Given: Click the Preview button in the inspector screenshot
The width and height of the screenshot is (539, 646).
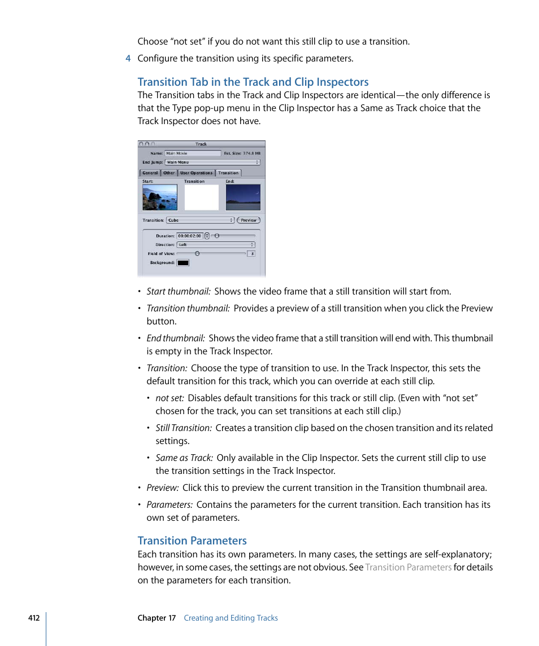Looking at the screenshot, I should tap(249, 220).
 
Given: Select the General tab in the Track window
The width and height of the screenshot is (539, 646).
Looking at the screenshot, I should tap(150, 173).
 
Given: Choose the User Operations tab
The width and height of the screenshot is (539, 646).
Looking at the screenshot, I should tap(197, 173).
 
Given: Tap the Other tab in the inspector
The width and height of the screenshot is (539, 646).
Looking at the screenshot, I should tap(169, 173).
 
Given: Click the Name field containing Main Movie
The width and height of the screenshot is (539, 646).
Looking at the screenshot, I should tap(192, 153).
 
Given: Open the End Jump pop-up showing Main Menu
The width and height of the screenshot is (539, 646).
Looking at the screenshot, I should tap(212, 162).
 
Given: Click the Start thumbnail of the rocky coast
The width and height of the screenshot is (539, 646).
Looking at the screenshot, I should tap(160, 197).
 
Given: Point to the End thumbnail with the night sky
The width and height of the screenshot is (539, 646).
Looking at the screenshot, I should tap(243, 197).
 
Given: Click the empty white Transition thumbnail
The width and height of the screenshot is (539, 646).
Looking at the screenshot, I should tap(202, 197).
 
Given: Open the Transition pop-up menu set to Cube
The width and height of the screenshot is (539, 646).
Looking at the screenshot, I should tap(200, 220).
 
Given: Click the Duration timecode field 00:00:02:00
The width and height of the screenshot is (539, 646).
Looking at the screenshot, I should tap(190, 236).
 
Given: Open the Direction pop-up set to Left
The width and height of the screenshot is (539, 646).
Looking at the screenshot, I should tap(216, 245).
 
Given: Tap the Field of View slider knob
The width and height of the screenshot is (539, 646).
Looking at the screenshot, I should tap(197, 253).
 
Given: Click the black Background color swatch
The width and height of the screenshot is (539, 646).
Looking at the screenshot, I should tap(183, 262).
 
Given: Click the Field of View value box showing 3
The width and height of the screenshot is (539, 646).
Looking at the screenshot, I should tap(251, 254).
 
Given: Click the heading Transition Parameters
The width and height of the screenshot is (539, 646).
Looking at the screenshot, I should tap(192, 540).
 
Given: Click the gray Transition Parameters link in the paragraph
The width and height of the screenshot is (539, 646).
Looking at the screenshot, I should tap(408, 568).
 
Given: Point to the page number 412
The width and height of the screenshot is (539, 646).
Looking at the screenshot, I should tap(34, 618).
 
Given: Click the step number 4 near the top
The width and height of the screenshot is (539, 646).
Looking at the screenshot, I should tap(128, 59).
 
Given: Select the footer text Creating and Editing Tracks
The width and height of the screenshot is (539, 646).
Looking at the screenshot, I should tap(231, 618).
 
